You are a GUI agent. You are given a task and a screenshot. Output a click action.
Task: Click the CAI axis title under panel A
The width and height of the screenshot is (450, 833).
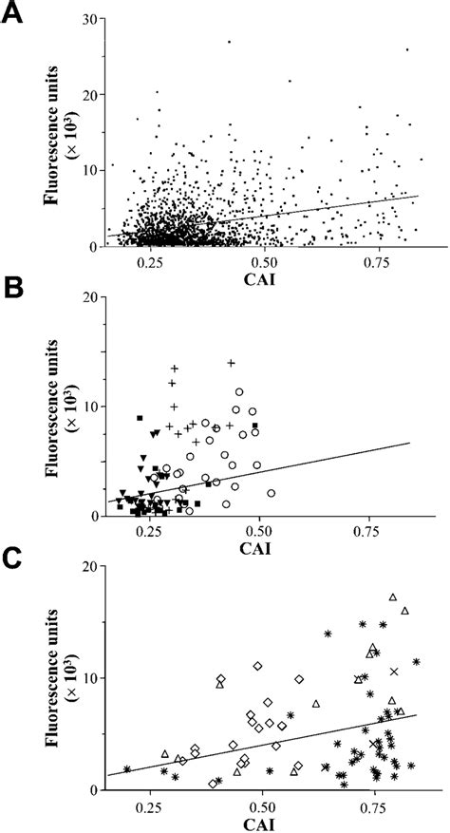click(263, 278)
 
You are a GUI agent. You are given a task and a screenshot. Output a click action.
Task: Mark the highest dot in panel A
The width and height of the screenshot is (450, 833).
click(229, 41)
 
